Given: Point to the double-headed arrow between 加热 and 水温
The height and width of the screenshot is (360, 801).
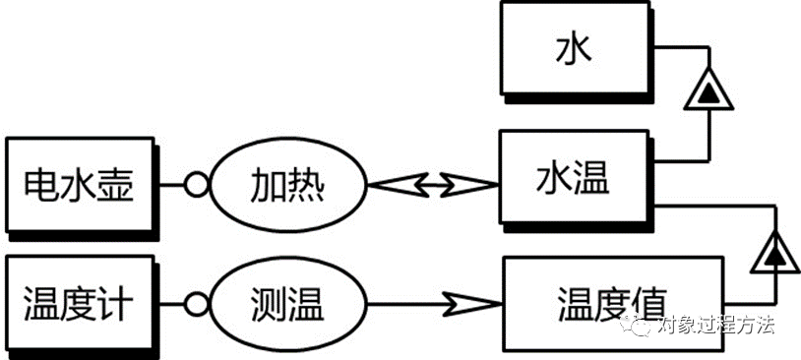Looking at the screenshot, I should click(x=432, y=184).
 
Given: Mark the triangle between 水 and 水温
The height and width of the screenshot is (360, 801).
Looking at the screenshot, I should click(x=707, y=92).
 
